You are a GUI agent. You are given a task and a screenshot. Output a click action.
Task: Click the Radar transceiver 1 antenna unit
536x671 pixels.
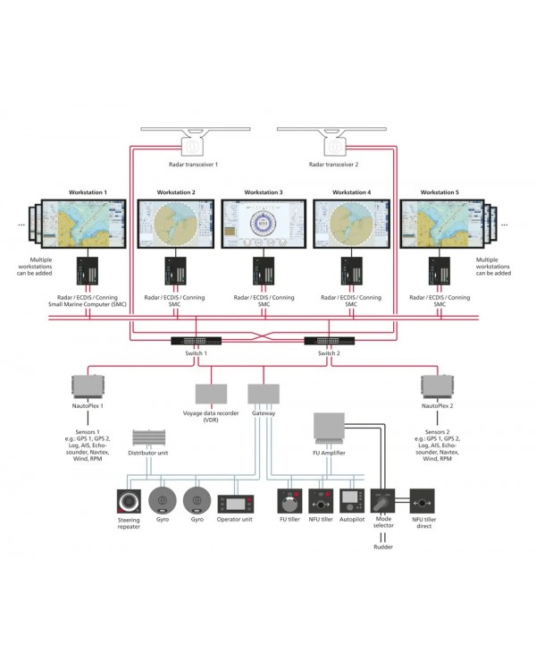click(x=192, y=143)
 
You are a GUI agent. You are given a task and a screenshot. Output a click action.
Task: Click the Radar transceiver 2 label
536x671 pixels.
click(x=333, y=165)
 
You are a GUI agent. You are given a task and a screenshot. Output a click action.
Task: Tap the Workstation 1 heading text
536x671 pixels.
click(x=88, y=192)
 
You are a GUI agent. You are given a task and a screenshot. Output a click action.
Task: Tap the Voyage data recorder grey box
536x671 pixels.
click(x=211, y=394)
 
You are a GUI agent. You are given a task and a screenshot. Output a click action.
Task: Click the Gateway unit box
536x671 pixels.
click(x=264, y=393)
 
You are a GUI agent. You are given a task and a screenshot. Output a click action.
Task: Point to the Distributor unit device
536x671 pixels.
click(x=149, y=439)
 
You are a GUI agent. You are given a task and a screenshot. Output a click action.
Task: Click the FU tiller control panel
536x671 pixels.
click(x=292, y=500)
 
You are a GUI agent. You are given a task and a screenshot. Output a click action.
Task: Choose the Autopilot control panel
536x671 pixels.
click(x=351, y=500)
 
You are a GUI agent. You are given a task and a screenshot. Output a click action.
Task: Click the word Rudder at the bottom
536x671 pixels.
click(x=383, y=548)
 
